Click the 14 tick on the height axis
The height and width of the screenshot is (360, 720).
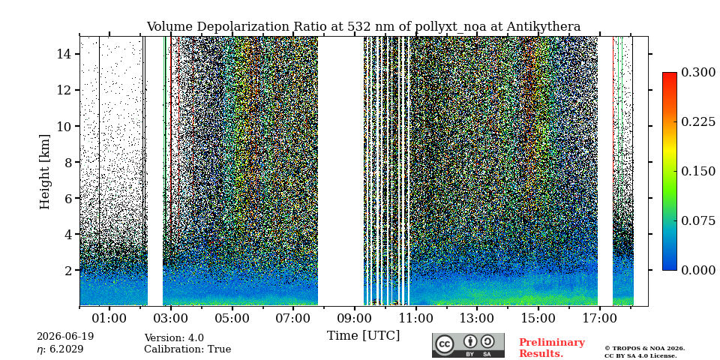[64, 54]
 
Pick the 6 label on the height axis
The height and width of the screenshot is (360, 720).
[67, 198]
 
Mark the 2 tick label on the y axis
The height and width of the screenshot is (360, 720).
[67, 271]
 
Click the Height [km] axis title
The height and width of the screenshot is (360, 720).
[44, 172]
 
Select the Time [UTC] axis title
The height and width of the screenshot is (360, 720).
[363, 336]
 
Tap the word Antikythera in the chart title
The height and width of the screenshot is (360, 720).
[544, 27]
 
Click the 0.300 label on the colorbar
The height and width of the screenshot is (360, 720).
[698, 73]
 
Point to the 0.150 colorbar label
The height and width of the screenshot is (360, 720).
[698, 171]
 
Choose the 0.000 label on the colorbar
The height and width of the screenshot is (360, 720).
[698, 270]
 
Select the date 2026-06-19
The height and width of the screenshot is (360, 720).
[65, 337]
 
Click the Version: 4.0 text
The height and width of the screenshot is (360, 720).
[174, 338]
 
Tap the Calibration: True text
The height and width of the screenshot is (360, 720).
[187, 349]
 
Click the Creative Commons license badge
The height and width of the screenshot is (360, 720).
[468, 345]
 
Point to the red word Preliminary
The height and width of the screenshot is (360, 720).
[552, 343]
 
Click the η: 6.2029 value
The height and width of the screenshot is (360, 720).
[60, 349]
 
